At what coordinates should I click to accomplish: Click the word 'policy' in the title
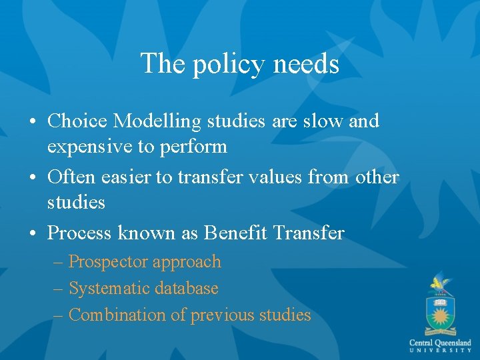(223, 65)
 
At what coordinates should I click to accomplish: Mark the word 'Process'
(81, 233)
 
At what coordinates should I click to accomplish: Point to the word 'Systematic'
(109, 289)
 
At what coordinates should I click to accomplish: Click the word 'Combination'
(118, 315)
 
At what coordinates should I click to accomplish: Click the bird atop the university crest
(439, 283)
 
